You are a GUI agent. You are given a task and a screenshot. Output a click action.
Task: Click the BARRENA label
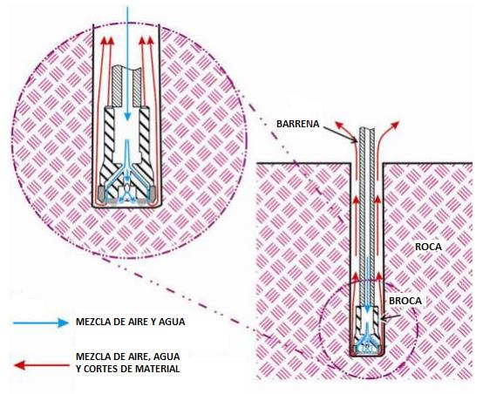point(297,124)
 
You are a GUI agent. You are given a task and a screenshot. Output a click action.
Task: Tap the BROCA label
point(405,301)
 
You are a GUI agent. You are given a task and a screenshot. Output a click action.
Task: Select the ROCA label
point(428,247)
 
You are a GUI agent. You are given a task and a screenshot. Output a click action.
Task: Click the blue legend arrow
point(41,323)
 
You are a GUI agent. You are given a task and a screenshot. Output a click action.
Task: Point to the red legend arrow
point(42,365)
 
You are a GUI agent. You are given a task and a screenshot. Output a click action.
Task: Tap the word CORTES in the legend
point(100,369)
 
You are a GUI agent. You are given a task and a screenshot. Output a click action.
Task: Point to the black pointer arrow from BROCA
point(390,317)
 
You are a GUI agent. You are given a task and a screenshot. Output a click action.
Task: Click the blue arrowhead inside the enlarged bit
point(127,115)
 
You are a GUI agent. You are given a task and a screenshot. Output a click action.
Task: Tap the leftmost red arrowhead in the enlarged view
point(104,41)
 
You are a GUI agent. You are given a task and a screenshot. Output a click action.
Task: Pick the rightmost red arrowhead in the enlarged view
point(151,41)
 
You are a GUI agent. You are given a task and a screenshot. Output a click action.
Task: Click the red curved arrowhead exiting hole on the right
point(395,125)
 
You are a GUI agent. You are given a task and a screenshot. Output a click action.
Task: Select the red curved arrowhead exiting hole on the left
point(339,125)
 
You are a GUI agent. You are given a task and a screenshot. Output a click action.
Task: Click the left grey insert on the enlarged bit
point(101,194)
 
